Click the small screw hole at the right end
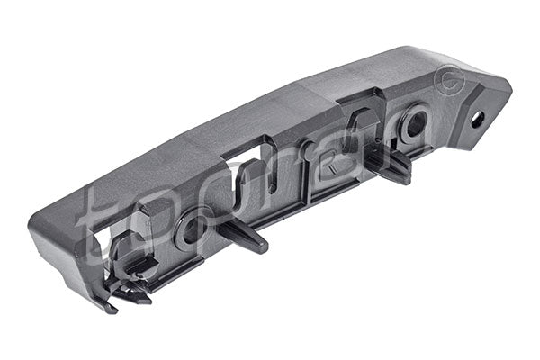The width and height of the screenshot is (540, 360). [x=476, y=118]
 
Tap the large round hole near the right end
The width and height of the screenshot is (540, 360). [x=415, y=122]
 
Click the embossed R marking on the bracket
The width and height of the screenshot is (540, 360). [x=330, y=165]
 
